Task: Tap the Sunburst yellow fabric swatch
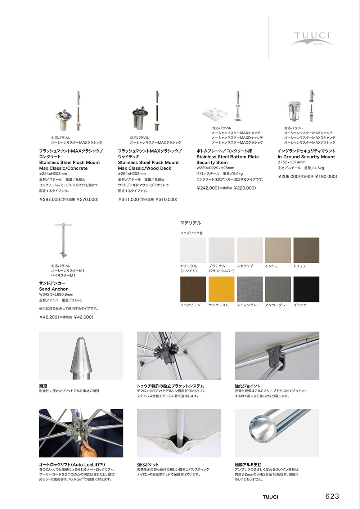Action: click(x=221, y=289)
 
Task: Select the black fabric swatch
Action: click(x=306, y=289)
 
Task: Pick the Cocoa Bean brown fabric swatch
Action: click(x=193, y=289)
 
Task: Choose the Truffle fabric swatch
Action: click(x=306, y=250)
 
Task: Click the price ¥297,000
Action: click(x=50, y=199)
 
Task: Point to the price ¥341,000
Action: click(x=129, y=199)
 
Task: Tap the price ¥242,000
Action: click(x=207, y=188)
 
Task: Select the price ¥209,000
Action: click(x=288, y=176)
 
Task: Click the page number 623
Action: click(x=332, y=496)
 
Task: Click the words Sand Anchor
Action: click(x=53, y=289)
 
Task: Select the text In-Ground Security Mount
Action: click(x=306, y=157)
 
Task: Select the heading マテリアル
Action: click(x=191, y=223)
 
